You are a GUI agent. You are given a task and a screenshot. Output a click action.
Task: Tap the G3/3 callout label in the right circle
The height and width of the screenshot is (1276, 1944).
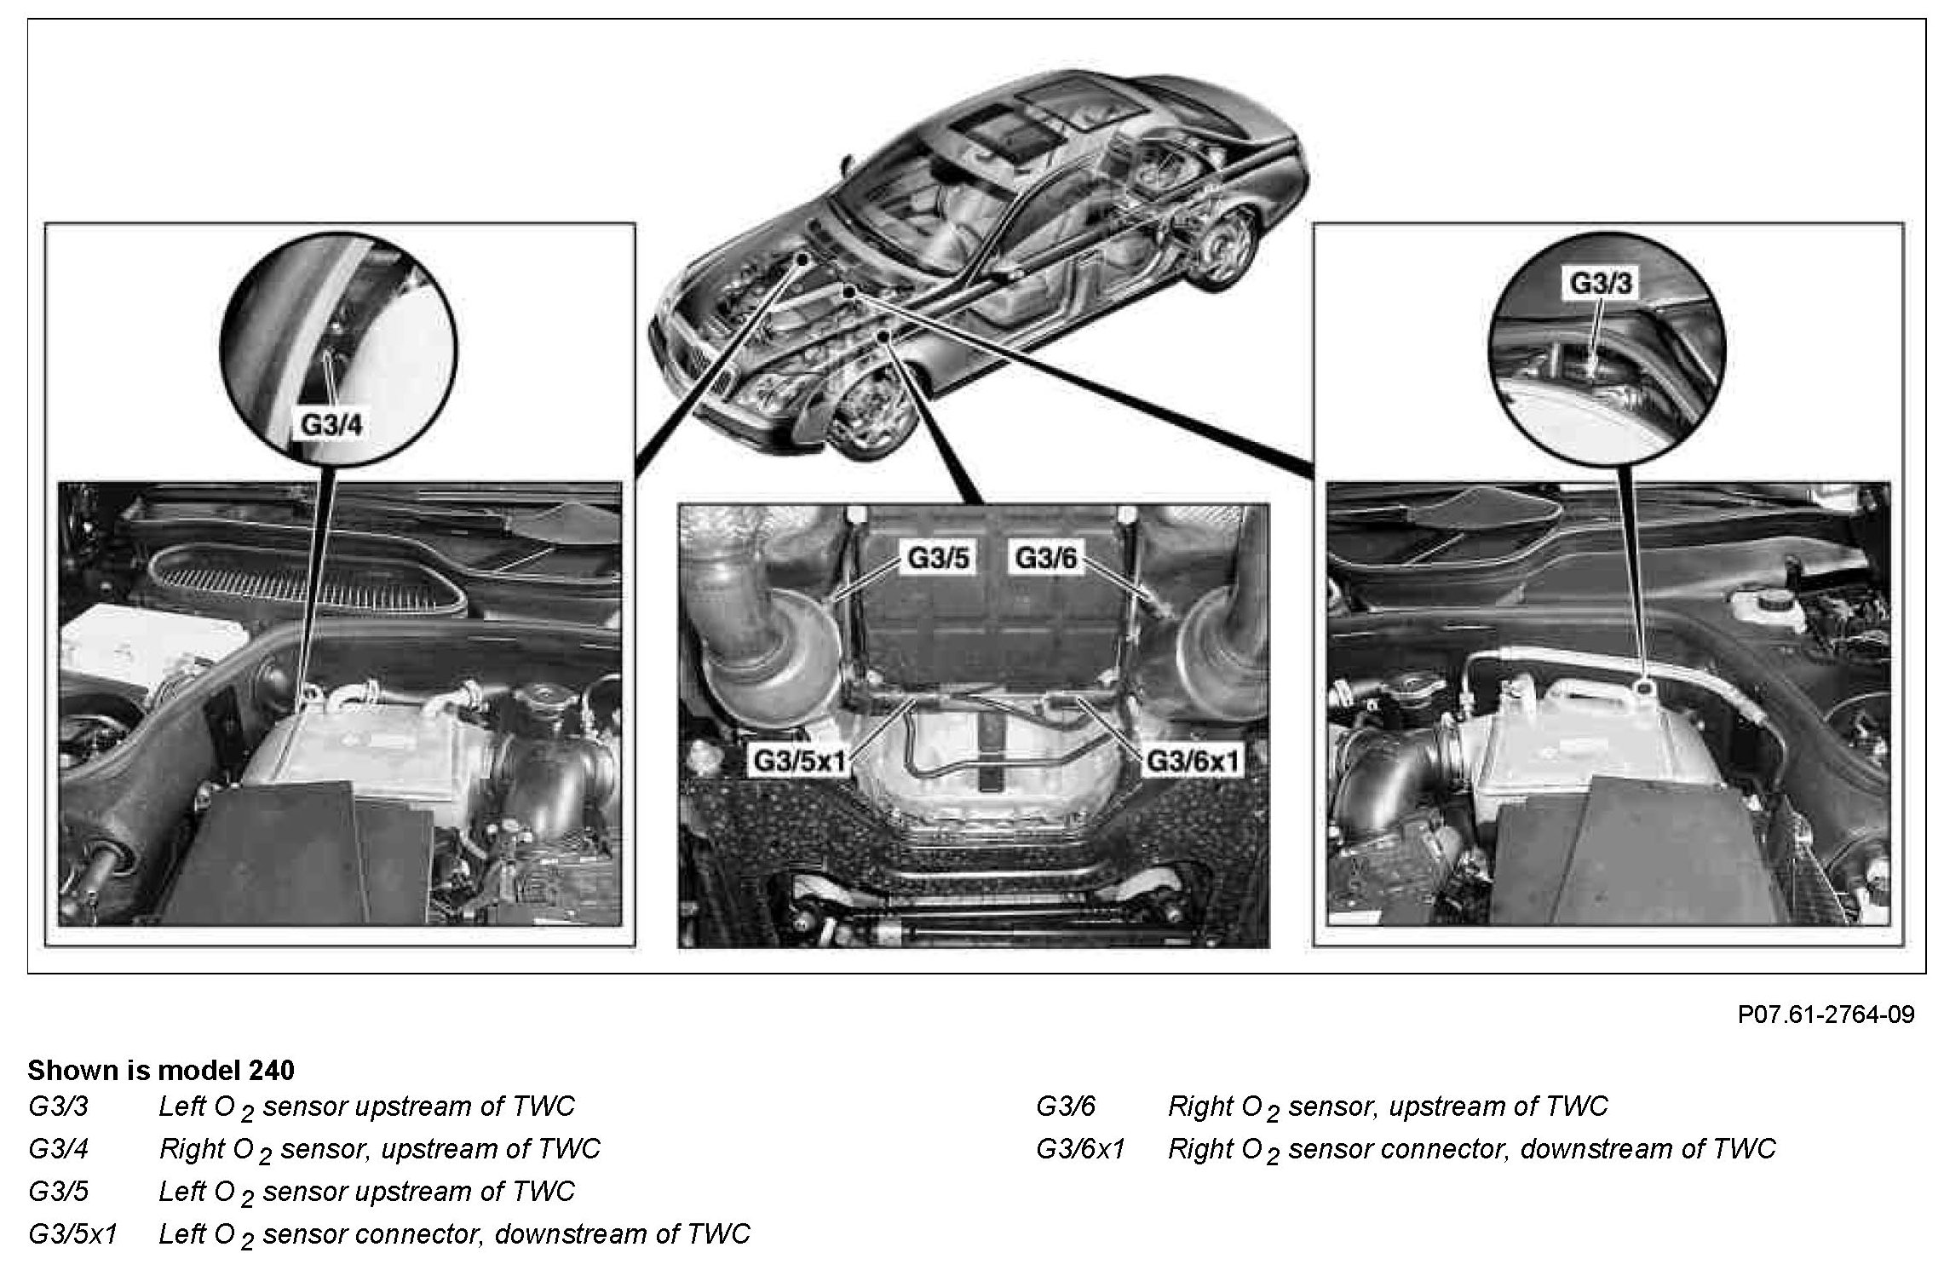tap(1601, 282)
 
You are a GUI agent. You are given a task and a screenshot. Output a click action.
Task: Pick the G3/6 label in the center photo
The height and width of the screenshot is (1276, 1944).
tap(1045, 559)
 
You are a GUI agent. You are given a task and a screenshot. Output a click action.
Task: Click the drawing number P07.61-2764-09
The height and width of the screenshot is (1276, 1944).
tap(1826, 1014)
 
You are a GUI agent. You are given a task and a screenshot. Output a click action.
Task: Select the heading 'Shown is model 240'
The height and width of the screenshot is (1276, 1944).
tap(161, 1070)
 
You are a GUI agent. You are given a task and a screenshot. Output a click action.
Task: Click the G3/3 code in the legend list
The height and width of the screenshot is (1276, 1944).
tap(58, 1106)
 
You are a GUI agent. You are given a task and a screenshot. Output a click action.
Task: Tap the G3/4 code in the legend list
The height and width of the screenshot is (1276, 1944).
tap(58, 1149)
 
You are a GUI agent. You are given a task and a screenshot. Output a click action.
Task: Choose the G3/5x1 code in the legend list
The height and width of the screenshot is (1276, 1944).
tap(72, 1234)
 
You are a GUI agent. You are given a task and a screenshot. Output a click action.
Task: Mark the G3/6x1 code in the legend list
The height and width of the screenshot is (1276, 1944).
tap(1080, 1149)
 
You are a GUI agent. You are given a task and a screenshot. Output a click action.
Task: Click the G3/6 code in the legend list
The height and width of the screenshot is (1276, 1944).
tap(1066, 1106)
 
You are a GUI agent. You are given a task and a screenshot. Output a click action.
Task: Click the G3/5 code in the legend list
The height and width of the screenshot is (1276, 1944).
tap(58, 1192)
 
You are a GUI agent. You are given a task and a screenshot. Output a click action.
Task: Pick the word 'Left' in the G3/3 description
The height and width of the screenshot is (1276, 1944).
tap(182, 1106)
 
